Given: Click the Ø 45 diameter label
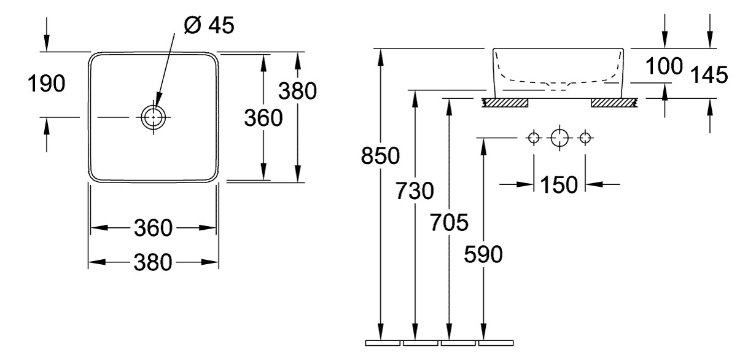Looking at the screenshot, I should click(x=209, y=25).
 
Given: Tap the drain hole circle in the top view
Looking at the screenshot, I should click(x=154, y=115).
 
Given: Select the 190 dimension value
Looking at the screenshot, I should click(x=46, y=84).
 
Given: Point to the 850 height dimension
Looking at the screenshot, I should click(x=380, y=157).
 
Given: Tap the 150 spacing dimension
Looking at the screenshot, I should click(x=559, y=184).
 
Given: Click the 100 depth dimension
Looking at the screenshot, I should click(x=664, y=65).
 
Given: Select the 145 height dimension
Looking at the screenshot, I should click(x=709, y=76).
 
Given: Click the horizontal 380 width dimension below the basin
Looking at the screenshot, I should click(x=154, y=263).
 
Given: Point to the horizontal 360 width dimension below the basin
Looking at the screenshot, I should click(x=154, y=229).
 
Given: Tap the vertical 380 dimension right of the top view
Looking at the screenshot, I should click(x=298, y=91).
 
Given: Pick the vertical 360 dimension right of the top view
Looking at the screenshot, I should click(x=263, y=117).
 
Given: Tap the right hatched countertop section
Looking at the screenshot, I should click(x=615, y=102).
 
